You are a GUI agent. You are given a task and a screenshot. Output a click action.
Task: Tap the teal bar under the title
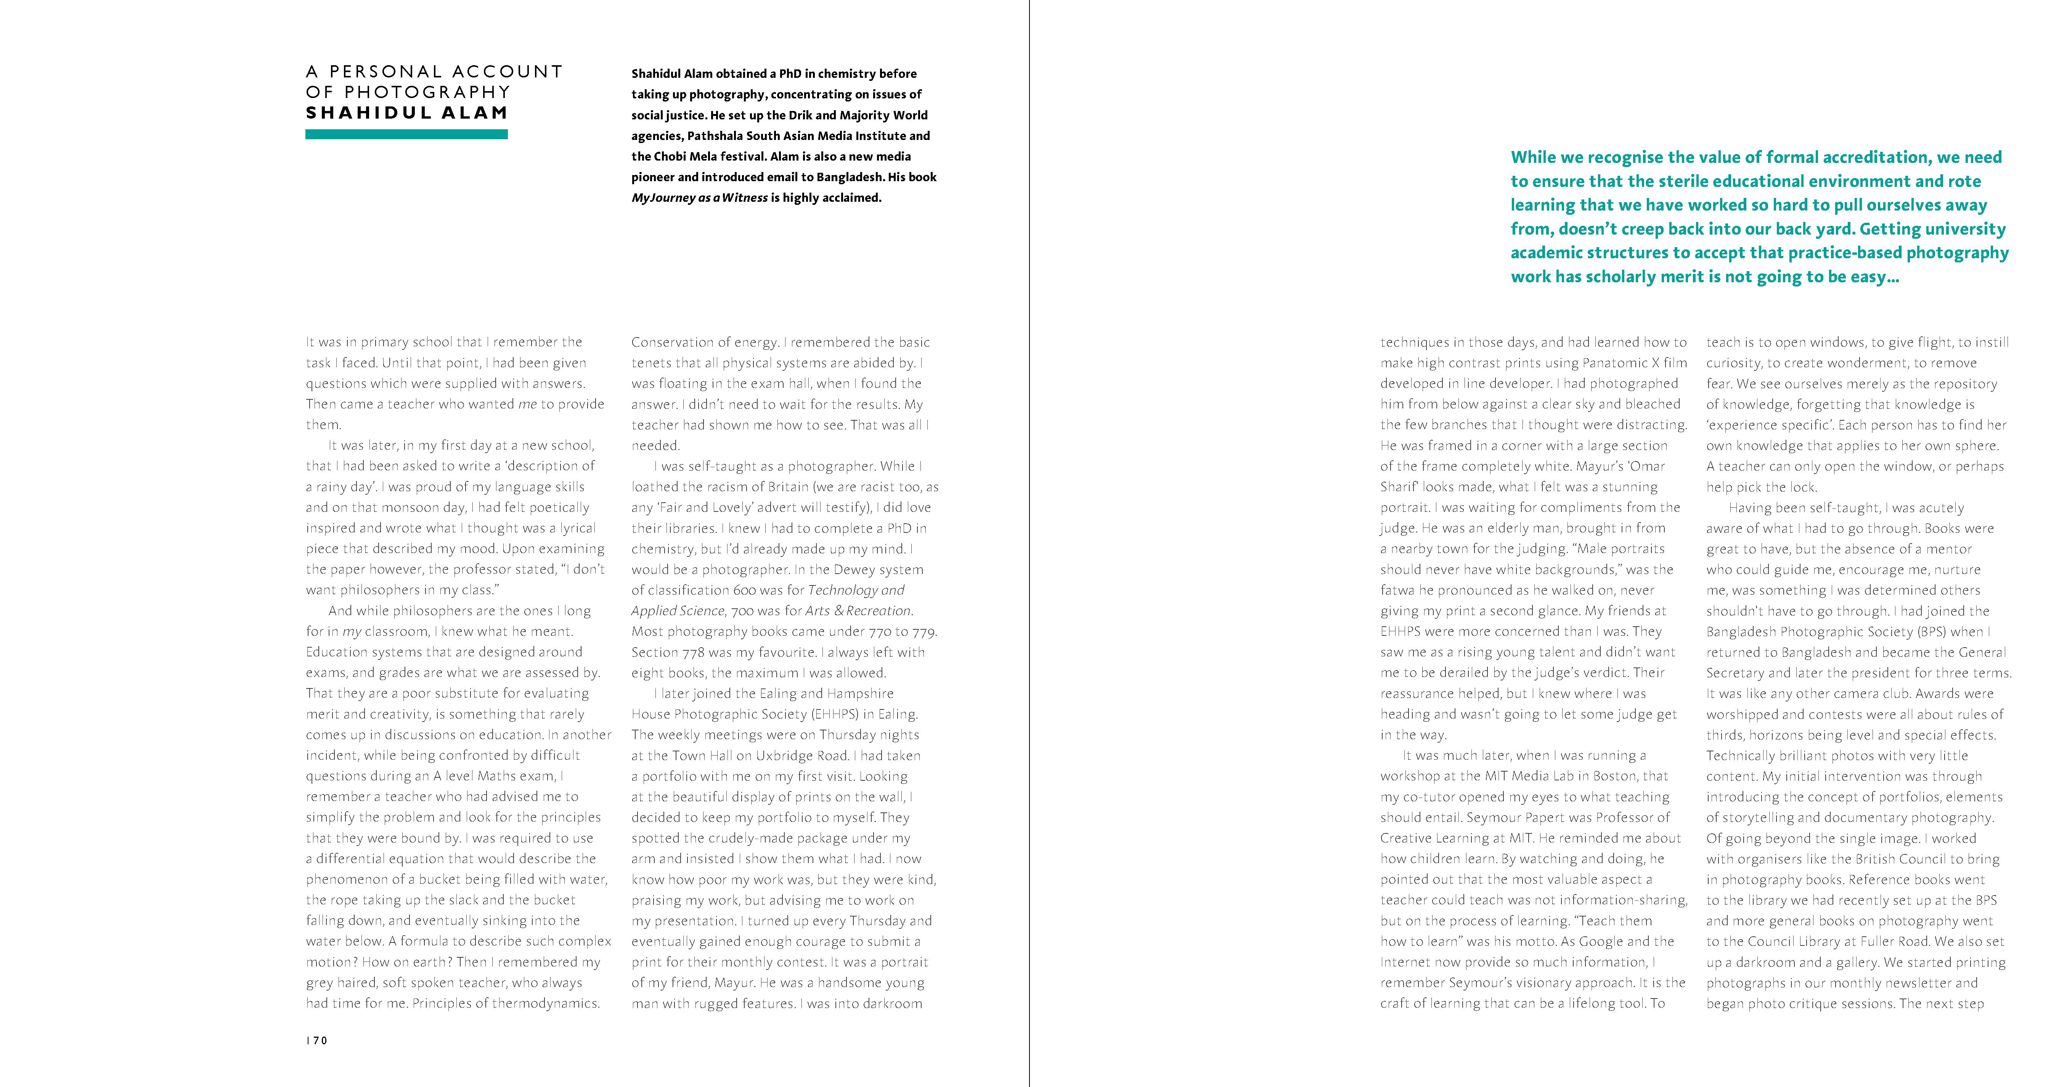coord(406,135)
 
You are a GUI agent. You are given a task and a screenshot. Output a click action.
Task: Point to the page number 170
coord(317,1040)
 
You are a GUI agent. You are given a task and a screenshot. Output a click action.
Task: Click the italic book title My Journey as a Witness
coord(699,198)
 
